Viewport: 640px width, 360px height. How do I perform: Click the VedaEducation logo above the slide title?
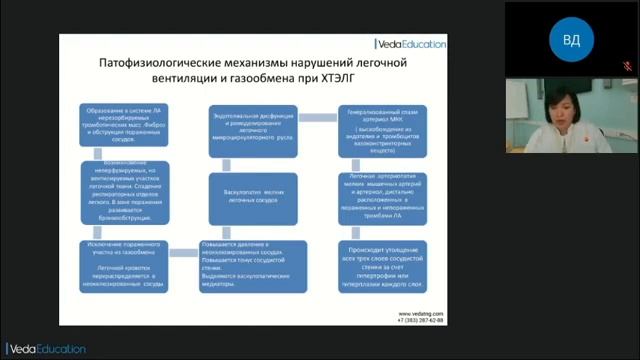[410, 43]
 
